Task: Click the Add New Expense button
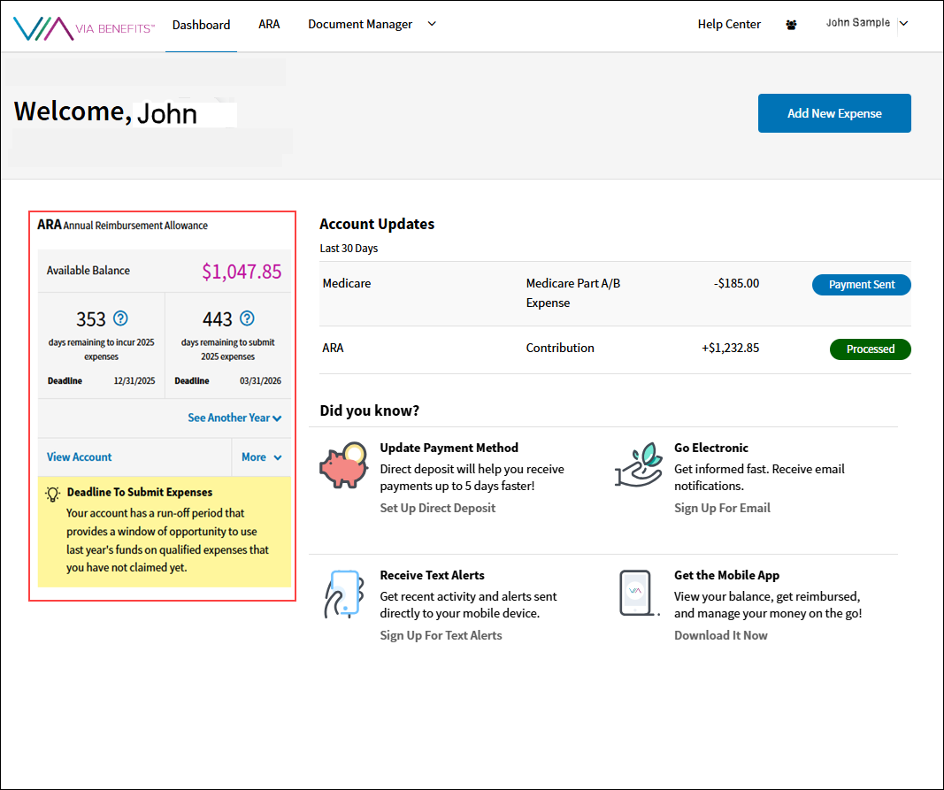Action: [x=834, y=113]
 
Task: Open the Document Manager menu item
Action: [x=360, y=25]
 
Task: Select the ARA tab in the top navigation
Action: [x=269, y=25]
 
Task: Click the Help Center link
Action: [x=729, y=25]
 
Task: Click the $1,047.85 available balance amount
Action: [x=242, y=272]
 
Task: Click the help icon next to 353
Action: [x=121, y=318]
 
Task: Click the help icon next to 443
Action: [x=248, y=318]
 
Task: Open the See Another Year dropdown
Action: [x=234, y=418]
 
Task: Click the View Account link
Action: [x=80, y=457]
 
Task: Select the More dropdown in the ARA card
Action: [x=261, y=457]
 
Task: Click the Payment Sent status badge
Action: [x=862, y=285]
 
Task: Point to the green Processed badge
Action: [x=871, y=349]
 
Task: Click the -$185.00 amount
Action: [x=736, y=284]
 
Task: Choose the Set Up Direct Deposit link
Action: [x=438, y=508]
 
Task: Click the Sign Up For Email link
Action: [x=722, y=508]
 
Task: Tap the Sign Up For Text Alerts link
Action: [x=441, y=635]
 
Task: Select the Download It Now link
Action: [x=721, y=635]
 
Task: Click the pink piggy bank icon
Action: [x=343, y=466]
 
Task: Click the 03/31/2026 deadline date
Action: [x=259, y=381]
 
